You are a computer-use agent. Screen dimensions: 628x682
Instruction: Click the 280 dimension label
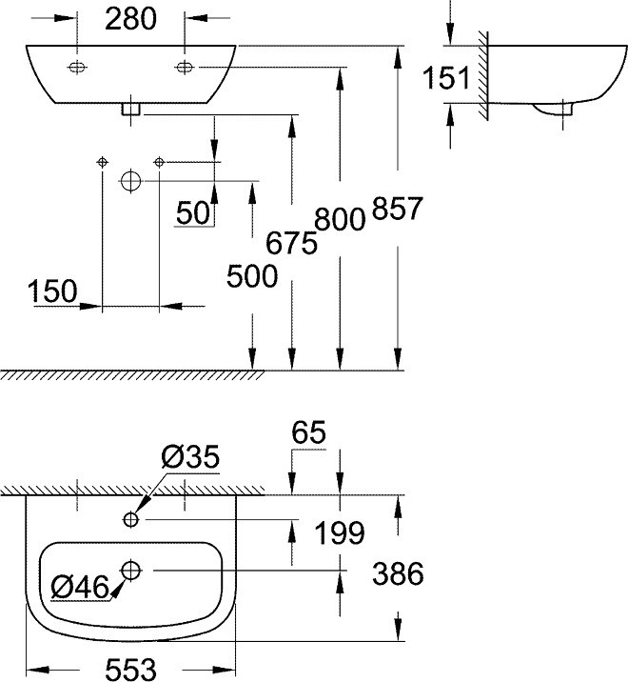(130, 19)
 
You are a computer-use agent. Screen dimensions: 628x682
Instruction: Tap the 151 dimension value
(446, 78)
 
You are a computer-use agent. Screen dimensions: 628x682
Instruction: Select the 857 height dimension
(397, 208)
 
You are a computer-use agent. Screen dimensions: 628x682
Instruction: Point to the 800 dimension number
(340, 219)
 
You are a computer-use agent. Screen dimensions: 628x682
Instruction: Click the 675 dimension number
(291, 243)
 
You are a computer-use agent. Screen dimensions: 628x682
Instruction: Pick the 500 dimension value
(252, 276)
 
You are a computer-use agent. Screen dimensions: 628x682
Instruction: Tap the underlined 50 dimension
(193, 213)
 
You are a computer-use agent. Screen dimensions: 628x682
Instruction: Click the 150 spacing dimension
(52, 291)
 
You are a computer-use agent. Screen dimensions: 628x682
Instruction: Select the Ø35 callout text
(191, 456)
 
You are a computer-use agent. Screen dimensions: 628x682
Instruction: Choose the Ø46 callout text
(80, 587)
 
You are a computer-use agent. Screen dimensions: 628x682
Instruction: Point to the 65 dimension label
(308, 432)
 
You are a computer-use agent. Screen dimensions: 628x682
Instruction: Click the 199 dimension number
(340, 532)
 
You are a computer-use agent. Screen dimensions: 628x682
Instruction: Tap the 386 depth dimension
(398, 573)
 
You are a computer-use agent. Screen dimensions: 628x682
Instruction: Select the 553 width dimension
(130, 670)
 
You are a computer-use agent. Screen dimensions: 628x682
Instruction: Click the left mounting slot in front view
(77, 67)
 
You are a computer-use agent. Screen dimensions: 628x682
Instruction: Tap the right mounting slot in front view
(185, 67)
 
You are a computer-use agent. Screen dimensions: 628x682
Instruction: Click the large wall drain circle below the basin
(130, 181)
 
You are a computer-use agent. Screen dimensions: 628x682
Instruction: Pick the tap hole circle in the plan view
(130, 519)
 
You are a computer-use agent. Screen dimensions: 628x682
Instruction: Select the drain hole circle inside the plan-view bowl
(130, 571)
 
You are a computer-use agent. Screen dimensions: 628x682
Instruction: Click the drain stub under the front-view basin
(130, 110)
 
